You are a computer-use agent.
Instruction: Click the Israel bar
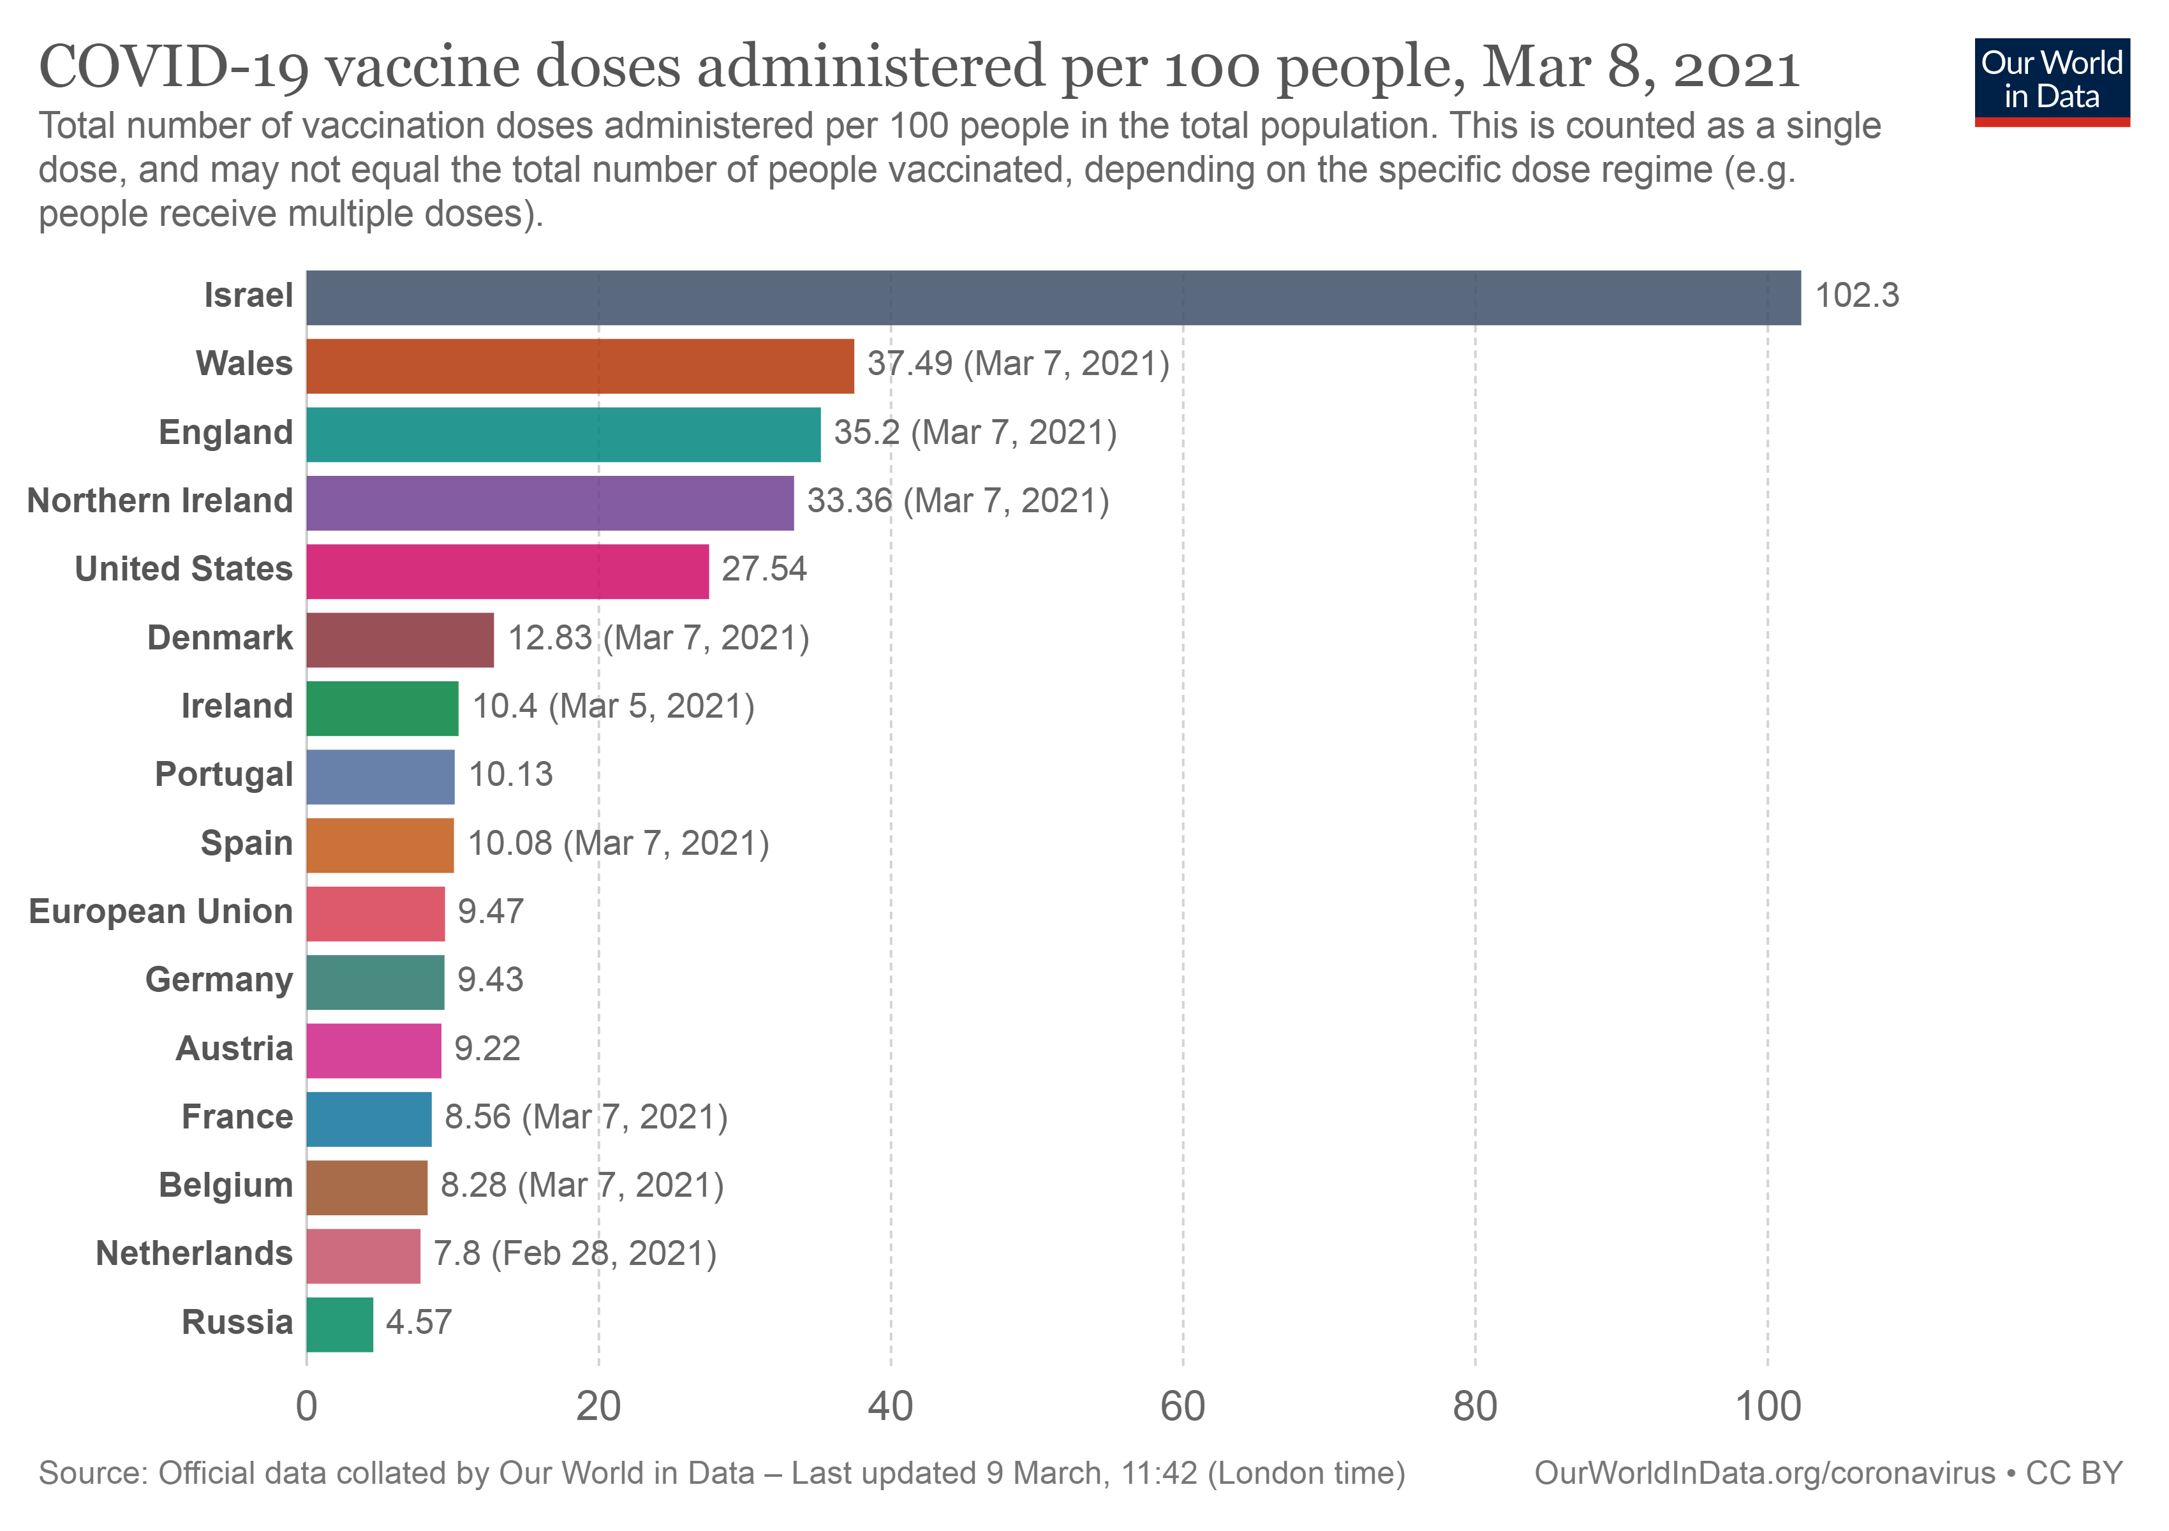[x=1053, y=297]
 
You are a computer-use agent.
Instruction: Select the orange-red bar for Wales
[x=579, y=366]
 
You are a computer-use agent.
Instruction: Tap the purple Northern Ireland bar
[x=550, y=503]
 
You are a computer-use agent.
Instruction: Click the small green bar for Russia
[x=339, y=1324]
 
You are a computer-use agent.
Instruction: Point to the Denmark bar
[x=399, y=639]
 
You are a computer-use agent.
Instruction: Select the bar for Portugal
[x=380, y=776]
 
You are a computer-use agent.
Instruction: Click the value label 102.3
[x=1856, y=295]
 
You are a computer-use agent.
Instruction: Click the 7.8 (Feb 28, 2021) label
[x=574, y=1254]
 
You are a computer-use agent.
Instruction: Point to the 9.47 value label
[x=491, y=912]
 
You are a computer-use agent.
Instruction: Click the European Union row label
[x=161, y=912]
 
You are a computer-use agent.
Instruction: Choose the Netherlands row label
[x=194, y=1254]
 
